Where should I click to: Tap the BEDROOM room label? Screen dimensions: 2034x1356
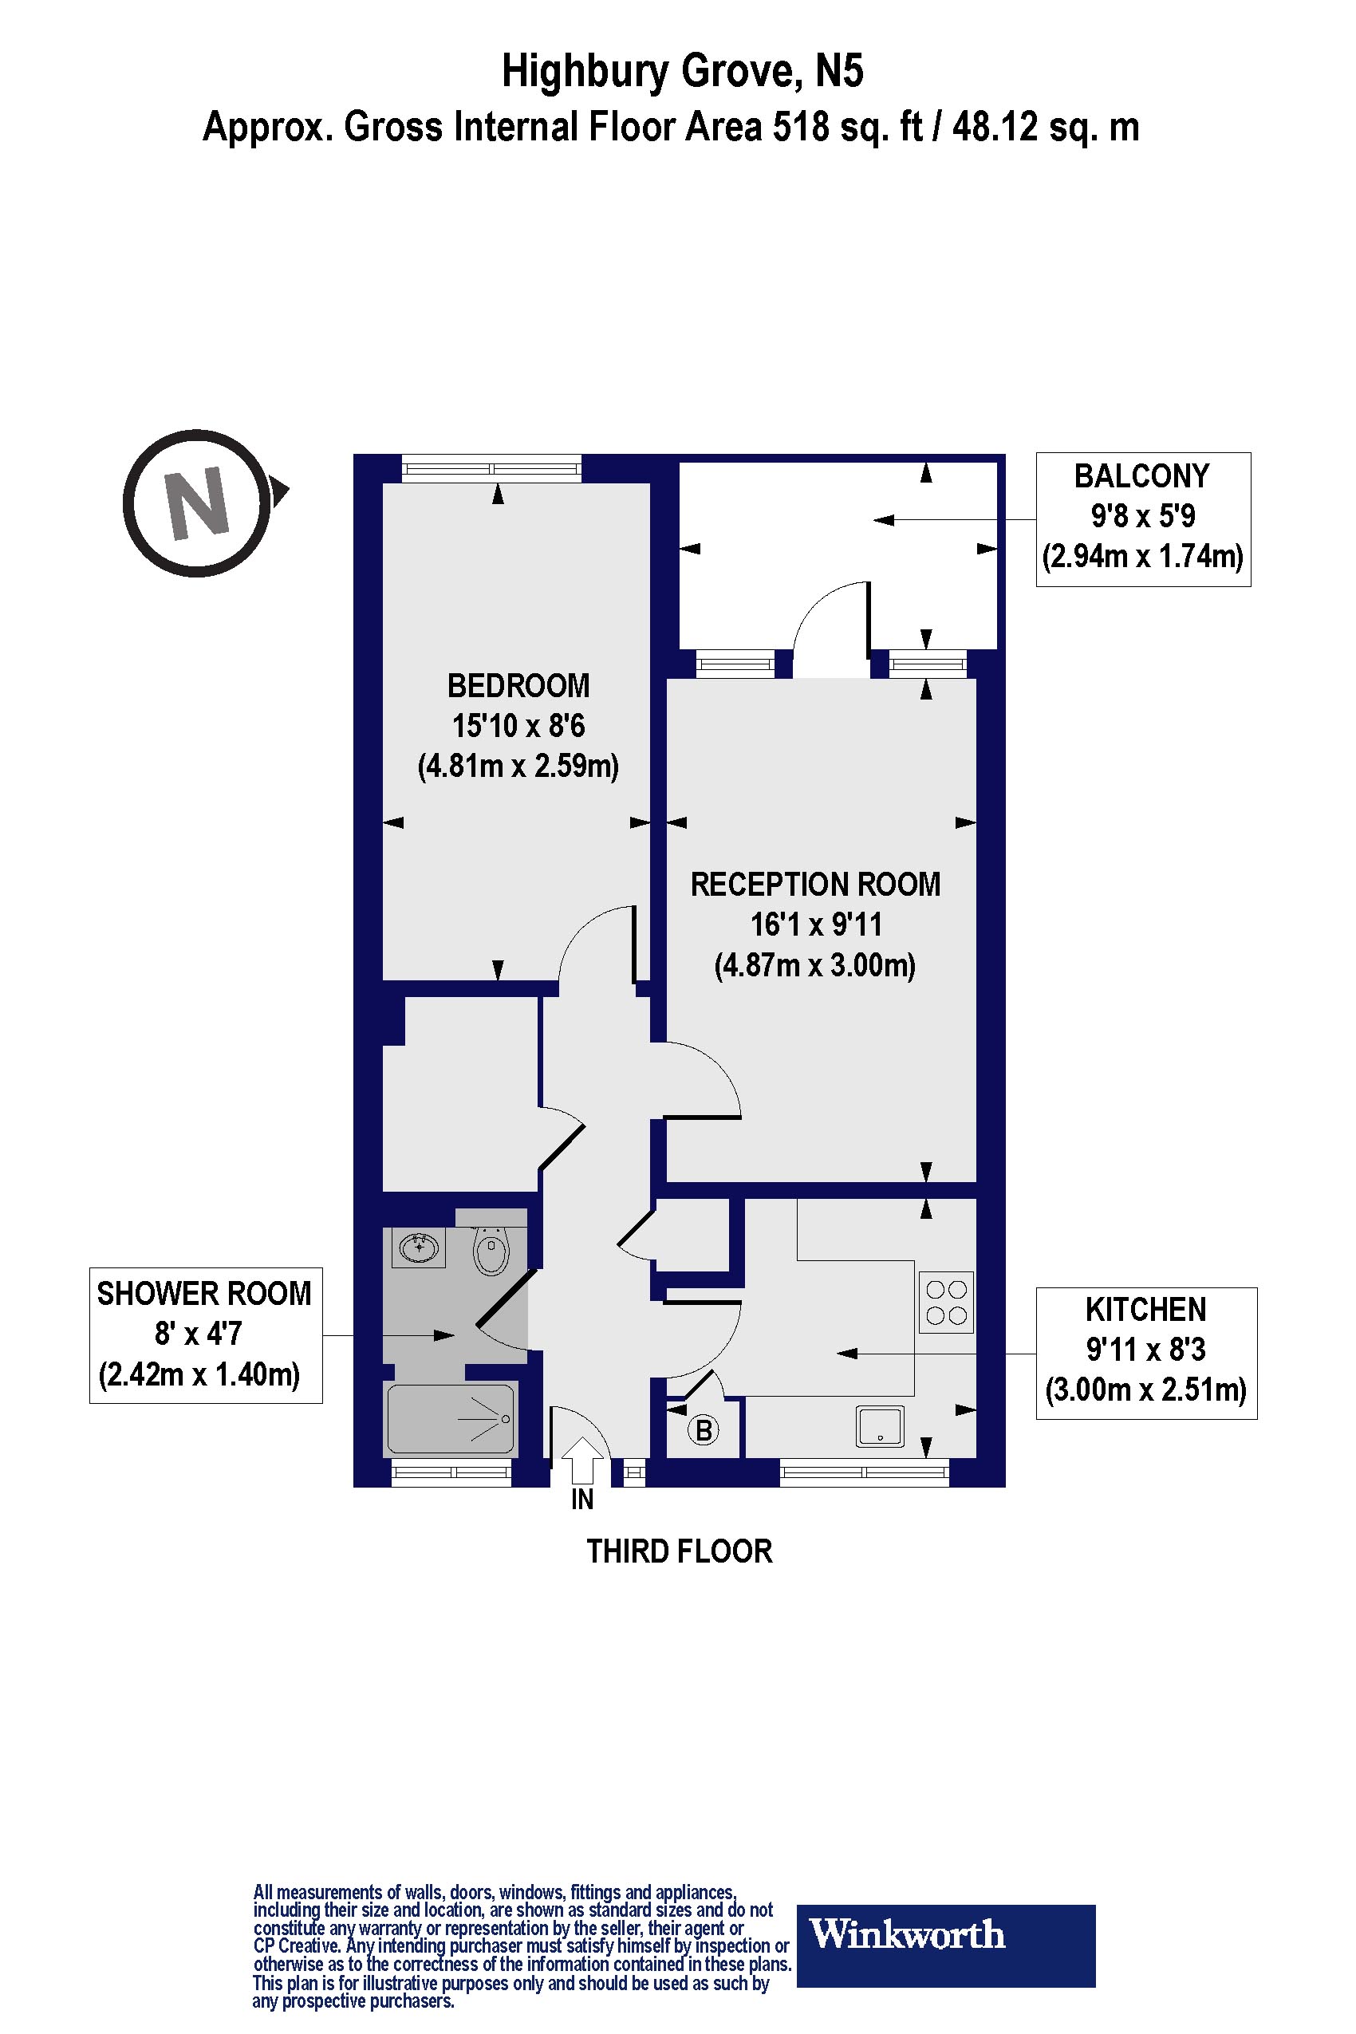[x=518, y=686]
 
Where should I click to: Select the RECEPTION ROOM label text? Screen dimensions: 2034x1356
[x=814, y=885]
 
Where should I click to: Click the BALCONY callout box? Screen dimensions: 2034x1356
[x=1142, y=519]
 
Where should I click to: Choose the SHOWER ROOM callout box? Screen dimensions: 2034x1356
[x=206, y=1334]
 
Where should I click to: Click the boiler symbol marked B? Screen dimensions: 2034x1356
[x=704, y=1430]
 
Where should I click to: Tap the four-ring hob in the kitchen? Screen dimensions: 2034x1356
[x=946, y=1303]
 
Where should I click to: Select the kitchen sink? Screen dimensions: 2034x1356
[x=881, y=1426]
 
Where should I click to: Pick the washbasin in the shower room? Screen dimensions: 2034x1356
[x=419, y=1248]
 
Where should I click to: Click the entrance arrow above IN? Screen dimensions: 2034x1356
[x=583, y=1460]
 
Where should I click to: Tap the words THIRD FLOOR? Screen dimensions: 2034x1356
[x=679, y=1551]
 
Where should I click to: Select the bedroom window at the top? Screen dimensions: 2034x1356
[x=491, y=469]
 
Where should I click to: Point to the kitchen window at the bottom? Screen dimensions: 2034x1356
[x=864, y=1472]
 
